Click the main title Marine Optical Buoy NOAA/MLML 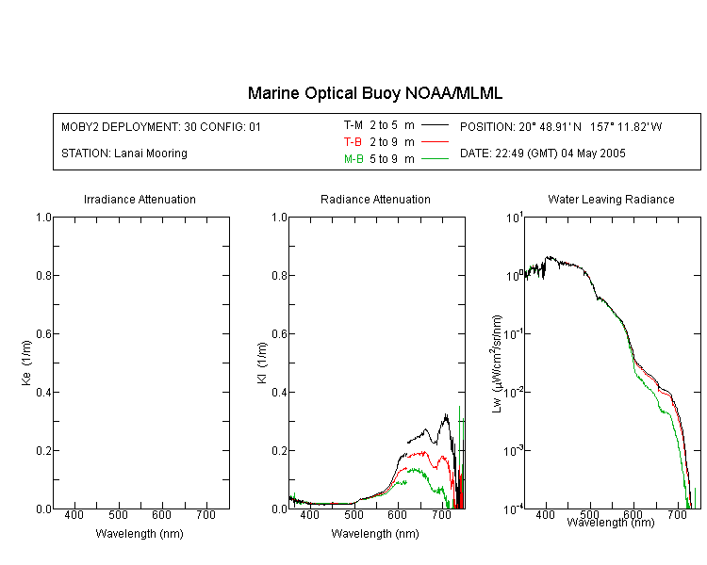click(374, 93)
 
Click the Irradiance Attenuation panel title click(140, 199)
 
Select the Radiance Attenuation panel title click(375, 199)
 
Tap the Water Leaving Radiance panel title click(611, 199)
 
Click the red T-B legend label click(353, 142)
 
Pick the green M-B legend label click(353, 158)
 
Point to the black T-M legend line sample click(435, 125)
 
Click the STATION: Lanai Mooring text click(124, 153)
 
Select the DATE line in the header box click(542, 153)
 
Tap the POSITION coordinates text click(561, 126)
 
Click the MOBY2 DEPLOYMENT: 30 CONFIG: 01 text click(161, 126)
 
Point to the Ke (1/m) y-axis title click(26, 363)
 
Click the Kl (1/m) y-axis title click(262, 363)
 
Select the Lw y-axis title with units click(497, 363)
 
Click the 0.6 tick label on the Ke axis click(43, 333)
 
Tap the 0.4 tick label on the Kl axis click(279, 392)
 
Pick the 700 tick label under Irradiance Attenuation click(206, 514)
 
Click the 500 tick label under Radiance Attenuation click(353, 514)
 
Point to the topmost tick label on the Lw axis click(515, 218)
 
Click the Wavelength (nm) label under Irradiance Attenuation click(140, 534)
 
